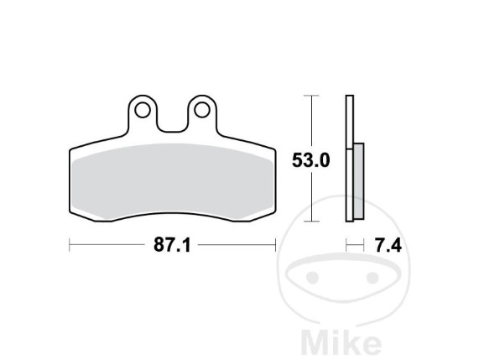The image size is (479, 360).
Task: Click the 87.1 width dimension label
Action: pos(172,245)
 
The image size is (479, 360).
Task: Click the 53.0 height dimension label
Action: pos(311,160)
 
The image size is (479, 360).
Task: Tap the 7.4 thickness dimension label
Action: pos(388,245)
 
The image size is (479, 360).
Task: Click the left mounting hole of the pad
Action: pos(143,110)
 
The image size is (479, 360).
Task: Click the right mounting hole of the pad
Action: pos(202,110)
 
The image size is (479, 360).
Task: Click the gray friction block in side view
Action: pos(359,181)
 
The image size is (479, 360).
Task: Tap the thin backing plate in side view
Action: pos(350,159)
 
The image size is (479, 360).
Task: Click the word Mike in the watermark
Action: pos(341,342)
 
